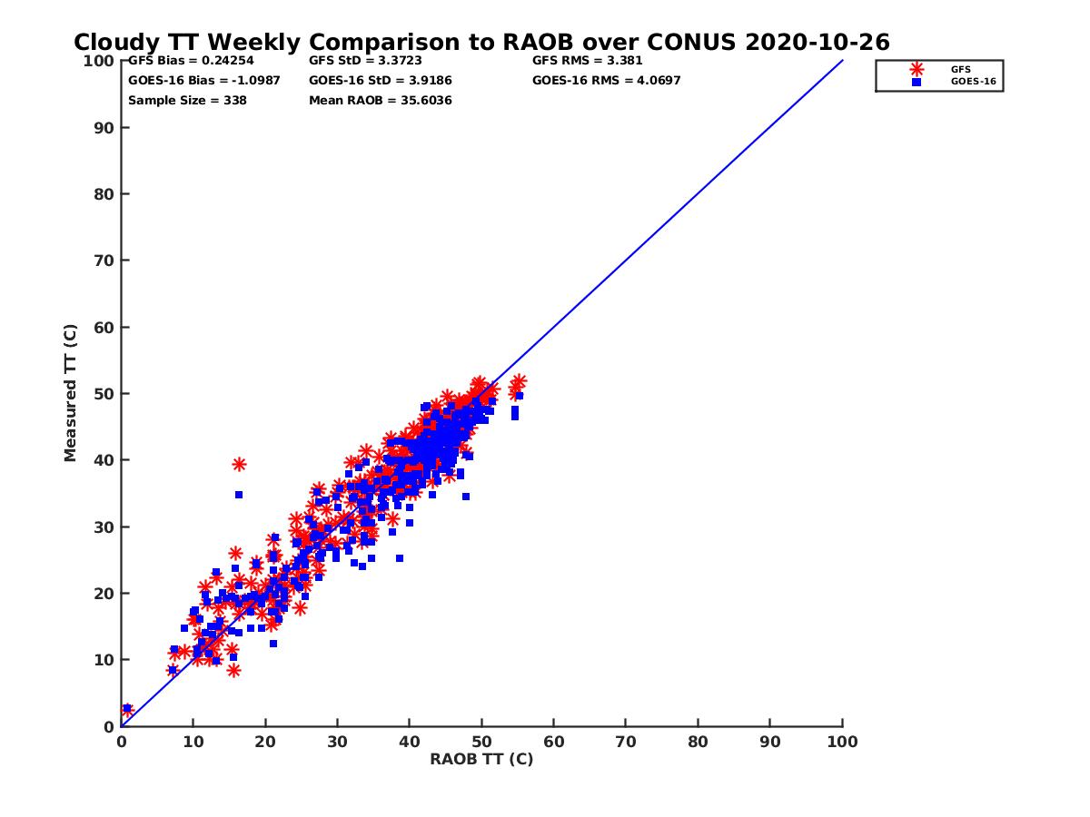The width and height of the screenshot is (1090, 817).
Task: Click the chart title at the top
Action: coord(481,43)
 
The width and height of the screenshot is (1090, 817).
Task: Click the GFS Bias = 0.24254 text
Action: coord(191,61)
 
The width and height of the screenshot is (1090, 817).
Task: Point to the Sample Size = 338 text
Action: coord(187,101)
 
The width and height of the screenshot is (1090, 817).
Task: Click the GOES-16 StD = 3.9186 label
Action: coord(380,81)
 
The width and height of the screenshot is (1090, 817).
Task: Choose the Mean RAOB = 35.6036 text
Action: coord(380,101)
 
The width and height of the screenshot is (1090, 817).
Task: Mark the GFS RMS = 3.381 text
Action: coord(587,61)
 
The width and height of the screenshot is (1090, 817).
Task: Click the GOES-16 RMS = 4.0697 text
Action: coord(606,81)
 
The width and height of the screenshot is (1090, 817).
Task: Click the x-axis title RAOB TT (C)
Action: coord(481,759)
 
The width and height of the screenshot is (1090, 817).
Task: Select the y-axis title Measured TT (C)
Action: coord(71,393)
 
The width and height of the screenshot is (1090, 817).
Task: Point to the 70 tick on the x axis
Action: coord(626,742)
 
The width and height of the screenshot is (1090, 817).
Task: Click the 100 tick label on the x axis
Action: coord(843,742)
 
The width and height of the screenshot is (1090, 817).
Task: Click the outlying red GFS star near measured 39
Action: coord(239,464)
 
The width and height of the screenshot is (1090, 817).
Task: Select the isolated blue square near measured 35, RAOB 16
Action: coord(239,495)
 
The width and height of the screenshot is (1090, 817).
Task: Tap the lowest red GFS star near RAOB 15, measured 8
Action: coord(233,670)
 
